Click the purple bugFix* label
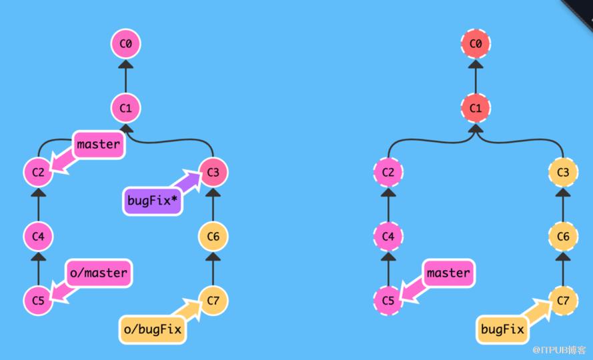pyautogui.click(x=152, y=201)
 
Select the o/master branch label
pyautogui.click(x=99, y=273)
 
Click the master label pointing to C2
pyautogui.click(x=99, y=144)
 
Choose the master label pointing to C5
pyautogui.click(x=448, y=273)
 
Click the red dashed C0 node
pyautogui.click(x=476, y=44)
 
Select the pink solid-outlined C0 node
pyautogui.click(x=125, y=44)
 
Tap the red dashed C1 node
pyautogui.click(x=476, y=108)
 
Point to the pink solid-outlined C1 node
pyautogui.click(x=125, y=108)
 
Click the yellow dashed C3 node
pyautogui.click(x=563, y=173)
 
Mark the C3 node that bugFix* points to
pyautogui.click(x=213, y=173)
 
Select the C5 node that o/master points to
pyautogui.click(x=38, y=301)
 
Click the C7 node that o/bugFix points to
pyautogui.click(x=213, y=301)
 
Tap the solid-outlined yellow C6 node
pyautogui.click(x=213, y=237)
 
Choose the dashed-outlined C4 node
pyautogui.click(x=388, y=237)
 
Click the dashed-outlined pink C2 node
pyautogui.click(x=388, y=173)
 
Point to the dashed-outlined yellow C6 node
pyautogui.click(x=563, y=237)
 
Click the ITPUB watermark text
pyautogui.click(x=559, y=350)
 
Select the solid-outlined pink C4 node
pyautogui.click(x=38, y=237)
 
